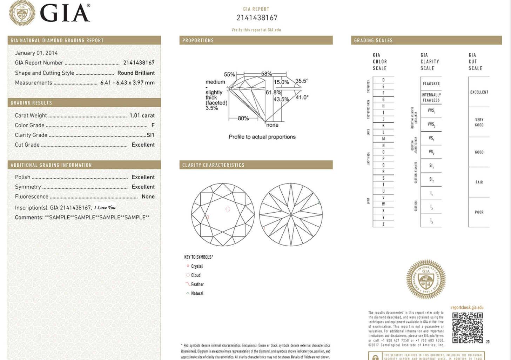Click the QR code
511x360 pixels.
click(468, 328)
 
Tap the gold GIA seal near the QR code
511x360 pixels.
click(426, 279)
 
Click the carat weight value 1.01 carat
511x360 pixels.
click(142, 115)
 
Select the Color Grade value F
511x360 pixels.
click(153, 125)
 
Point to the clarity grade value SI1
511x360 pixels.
click(150, 135)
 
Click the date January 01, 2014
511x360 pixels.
click(36, 53)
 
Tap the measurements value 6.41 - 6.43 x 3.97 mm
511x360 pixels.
click(127, 83)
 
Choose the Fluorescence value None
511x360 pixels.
click(148, 196)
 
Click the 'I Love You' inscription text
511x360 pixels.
click(105, 208)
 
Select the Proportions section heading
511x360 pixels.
click(198, 40)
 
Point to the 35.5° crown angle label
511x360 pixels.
click(302, 81)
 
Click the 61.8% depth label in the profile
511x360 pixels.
click(273, 92)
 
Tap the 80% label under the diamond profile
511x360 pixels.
click(243, 118)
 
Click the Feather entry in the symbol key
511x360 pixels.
click(197, 284)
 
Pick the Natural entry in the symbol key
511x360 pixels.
click(197, 293)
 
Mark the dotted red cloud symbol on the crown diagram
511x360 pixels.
click(228, 209)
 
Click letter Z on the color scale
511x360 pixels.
click(383, 224)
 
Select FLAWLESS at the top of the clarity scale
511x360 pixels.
click(431, 84)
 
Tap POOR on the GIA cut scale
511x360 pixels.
click(479, 212)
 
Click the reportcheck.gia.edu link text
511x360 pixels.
click(467, 308)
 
